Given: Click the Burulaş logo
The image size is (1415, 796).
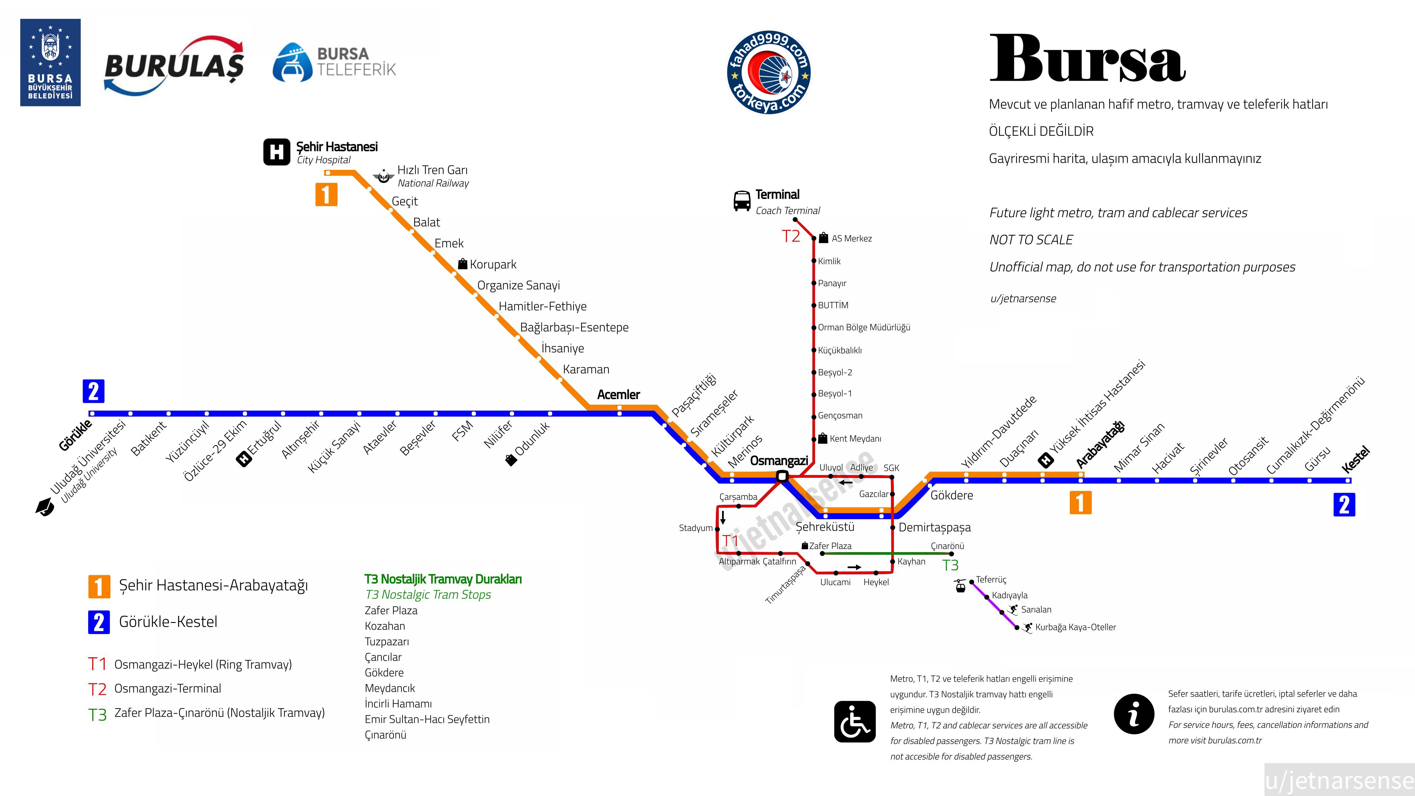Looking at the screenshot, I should point(174,65).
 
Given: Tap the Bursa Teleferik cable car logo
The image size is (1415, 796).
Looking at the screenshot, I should point(334,62).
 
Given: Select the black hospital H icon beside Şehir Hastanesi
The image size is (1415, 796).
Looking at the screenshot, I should point(276,152).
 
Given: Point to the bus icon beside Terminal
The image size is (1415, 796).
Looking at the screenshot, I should point(741,201).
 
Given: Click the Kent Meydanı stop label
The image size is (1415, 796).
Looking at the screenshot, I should point(855,438).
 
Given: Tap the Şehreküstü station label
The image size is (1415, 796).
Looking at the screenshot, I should point(825,527).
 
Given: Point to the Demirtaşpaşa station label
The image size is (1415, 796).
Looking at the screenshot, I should point(934,527).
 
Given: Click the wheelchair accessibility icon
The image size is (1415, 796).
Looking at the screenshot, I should point(855,721).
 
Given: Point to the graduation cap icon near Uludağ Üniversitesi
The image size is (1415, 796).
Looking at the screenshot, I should point(44,507).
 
